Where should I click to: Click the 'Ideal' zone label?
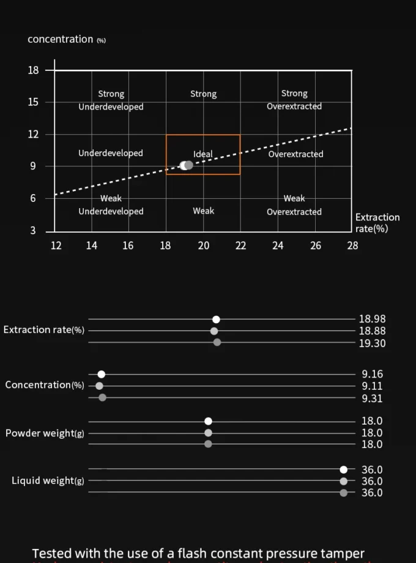pos(202,154)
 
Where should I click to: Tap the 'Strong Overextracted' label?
pos(294,100)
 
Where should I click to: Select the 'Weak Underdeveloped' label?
pos(111,205)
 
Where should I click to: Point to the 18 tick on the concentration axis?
pos(33,70)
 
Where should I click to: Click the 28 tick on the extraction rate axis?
pos(352,246)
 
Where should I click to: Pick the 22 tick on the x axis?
pos(240,246)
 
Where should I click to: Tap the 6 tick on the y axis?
pos(34,198)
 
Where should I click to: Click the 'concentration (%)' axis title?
pos(67,39)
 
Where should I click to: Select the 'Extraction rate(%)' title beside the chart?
pos(377,223)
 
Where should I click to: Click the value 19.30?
pos(372,343)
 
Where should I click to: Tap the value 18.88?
pos(372,331)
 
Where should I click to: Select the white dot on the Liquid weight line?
pos(344,469)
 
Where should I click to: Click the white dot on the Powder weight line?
pos(208,421)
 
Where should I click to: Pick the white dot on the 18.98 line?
pos(216,319)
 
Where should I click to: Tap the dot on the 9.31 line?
pos(102,398)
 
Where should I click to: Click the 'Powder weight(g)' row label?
pos(45,433)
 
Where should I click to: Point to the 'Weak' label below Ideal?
pos(203,211)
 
